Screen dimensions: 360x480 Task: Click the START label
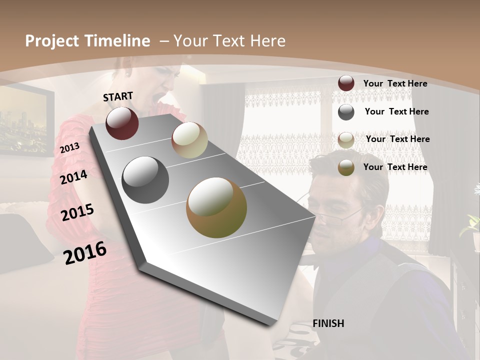pos(118,96)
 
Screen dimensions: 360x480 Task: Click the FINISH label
pos(328,323)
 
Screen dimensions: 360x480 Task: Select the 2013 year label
pos(69,148)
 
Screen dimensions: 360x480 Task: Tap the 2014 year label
pos(73,177)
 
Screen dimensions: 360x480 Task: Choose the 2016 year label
pos(85,253)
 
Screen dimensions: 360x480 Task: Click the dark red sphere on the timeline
pos(122,123)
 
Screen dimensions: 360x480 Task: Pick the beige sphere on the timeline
pos(189,140)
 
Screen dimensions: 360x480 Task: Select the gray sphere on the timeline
pos(145,180)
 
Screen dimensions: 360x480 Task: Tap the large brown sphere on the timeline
pos(216,207)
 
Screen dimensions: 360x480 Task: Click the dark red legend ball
pos(346,83)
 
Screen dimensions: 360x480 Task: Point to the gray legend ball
pos(346,112)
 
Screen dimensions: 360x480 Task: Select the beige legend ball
pos(346,140)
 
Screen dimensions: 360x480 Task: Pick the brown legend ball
pos(346,168)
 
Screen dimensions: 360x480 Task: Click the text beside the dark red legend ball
pos(395,83)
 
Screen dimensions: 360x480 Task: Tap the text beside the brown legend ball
pos(395,167)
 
